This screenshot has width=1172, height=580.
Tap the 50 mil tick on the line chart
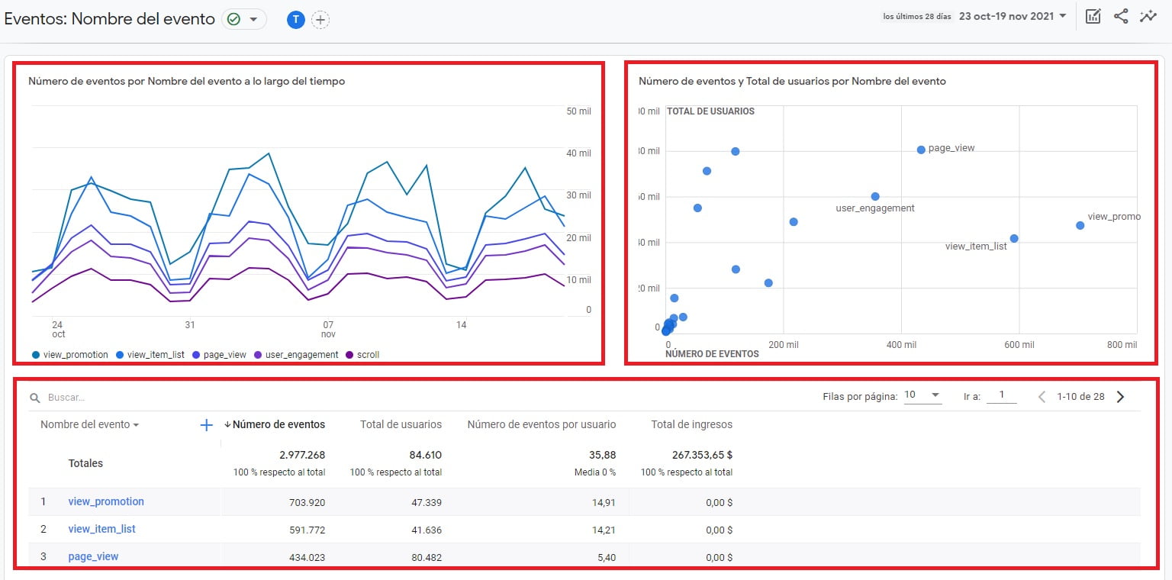point(578,111)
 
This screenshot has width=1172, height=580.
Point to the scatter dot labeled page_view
point(921,150)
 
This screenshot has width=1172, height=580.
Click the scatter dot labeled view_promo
point(1080,225)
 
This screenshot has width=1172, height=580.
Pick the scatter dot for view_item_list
point(1014,238)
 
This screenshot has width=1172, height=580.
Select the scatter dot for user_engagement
point(875,196)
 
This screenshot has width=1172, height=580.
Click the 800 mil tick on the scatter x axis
point(1121,345)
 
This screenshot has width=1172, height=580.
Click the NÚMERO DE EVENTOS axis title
point(712,354)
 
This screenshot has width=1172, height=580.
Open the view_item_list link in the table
point(101,529)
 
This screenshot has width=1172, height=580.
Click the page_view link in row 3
point(93,556)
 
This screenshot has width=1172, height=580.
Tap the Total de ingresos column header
point(691,424)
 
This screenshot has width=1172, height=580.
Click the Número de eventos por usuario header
point(541,424)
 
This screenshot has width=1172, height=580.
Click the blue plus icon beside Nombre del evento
point(206,425)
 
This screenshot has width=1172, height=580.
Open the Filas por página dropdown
point(922,395)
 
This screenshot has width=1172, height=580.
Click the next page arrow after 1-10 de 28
point(1120,396)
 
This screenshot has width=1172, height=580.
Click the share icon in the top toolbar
point(1121,16)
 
